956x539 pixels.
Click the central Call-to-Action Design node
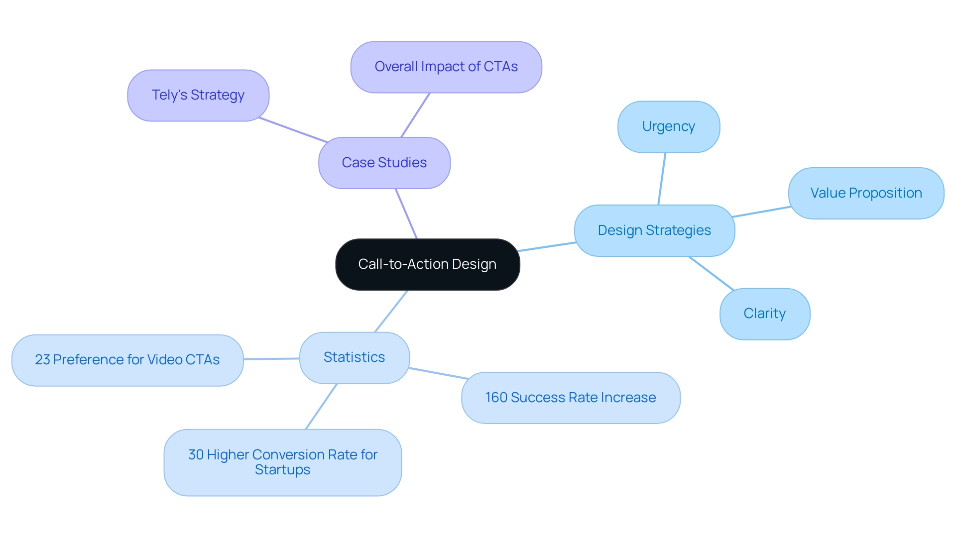pos(427,264)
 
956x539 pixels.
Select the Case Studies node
pos(384,163)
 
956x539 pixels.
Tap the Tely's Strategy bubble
pos(198,95)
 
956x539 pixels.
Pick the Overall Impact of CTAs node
pos(446,67)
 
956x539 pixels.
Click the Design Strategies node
pos(654,230)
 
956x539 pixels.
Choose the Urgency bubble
pos(668,126)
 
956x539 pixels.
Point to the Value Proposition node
pos(865,193)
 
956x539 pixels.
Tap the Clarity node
pos(764,314)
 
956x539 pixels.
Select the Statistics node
pos(354,357)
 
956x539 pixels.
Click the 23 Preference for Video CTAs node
pos(127,360)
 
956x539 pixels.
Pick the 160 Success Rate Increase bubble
pos(570,398)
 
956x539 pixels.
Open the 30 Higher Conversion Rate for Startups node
pos(282,462)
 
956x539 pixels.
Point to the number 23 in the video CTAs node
pos(42,360)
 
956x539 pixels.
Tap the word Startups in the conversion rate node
pos(282,470)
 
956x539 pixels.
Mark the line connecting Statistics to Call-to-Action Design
pos(391,311)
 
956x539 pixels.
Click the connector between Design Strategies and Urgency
pos(662,179)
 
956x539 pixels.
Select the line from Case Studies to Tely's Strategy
pos(293,130)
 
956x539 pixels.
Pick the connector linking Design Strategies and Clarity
pos(711,273)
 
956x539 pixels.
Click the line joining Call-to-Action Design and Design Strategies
pos(547,247)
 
